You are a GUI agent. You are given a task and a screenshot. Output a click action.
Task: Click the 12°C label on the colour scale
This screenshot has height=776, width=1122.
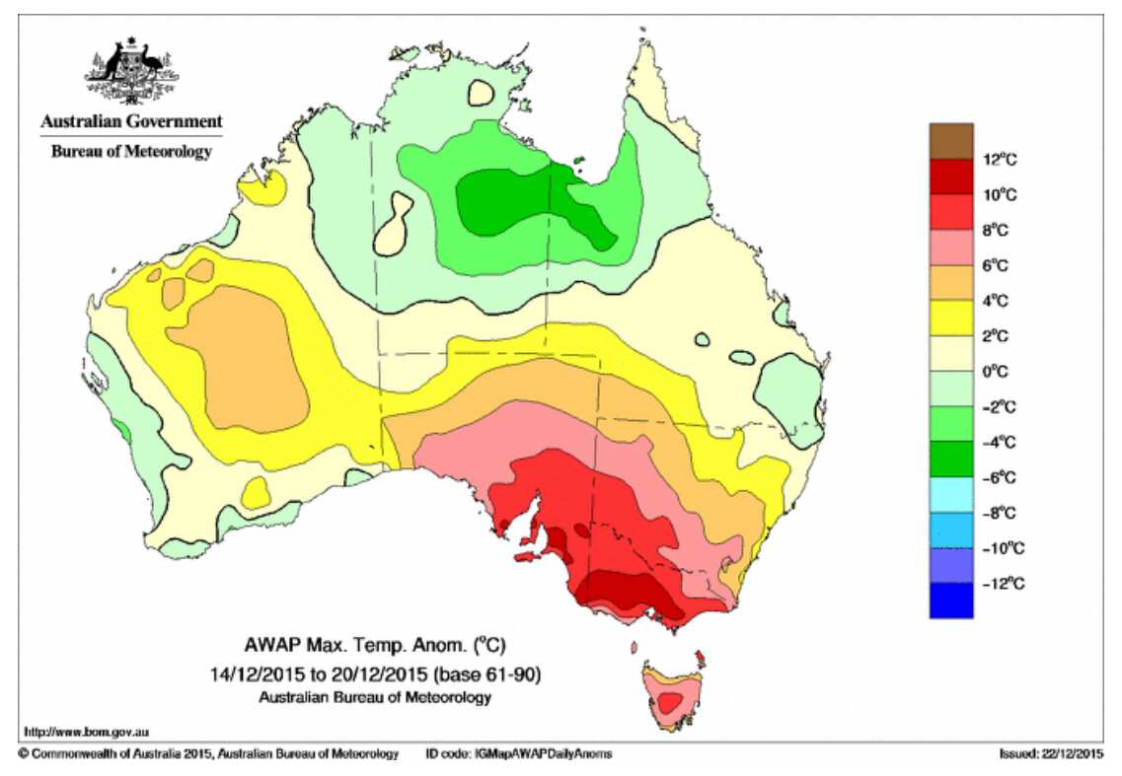(1001, 159)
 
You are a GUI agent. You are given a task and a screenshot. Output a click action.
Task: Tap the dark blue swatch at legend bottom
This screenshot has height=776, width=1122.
(950, 600)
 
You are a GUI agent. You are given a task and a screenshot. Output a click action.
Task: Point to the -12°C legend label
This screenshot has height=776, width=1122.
(1004, 584)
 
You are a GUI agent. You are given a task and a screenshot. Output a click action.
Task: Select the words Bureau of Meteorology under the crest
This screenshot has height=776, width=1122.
(130, 151)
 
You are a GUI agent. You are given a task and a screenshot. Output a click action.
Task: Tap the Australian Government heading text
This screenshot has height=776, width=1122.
(130, 122)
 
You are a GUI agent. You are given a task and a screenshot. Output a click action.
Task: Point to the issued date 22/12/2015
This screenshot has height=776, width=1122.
(1053, 754)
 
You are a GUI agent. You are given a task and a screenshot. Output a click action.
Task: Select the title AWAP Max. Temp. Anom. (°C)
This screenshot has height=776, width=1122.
(375, 648)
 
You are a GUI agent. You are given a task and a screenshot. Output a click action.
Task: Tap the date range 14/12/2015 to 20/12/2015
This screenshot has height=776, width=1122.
(375, 674)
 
